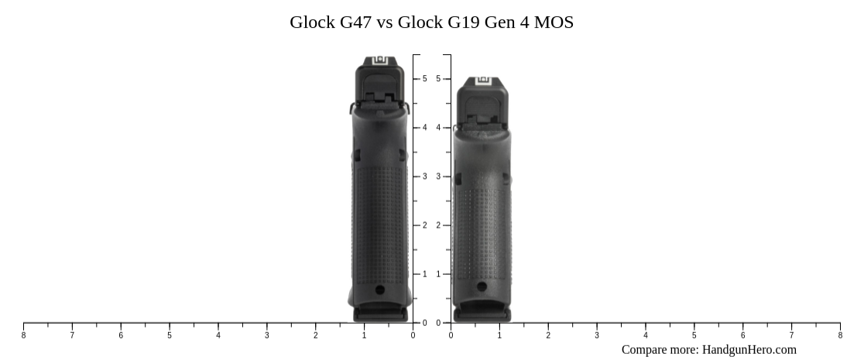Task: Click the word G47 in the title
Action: (355, 22)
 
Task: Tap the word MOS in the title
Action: (554, 22)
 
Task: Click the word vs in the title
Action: (384, 22)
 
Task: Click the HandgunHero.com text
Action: (749, 350)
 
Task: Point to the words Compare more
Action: (660, 350)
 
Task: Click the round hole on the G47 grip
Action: (379, 290)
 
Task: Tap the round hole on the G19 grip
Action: (482, 287)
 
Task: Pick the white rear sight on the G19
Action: (484, 80)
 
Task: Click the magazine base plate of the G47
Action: (380, 314)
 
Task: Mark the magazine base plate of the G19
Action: (482, 314)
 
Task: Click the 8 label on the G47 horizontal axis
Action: (23, 335)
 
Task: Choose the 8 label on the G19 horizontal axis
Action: (840, 335)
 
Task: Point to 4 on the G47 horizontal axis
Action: (218, 335)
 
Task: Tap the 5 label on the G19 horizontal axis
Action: (694, 335)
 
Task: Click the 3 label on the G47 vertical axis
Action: (424, 177)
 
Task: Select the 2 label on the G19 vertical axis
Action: (438, 225)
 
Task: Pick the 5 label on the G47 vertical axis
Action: (424, 79)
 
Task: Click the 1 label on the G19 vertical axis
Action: (438, 274)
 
